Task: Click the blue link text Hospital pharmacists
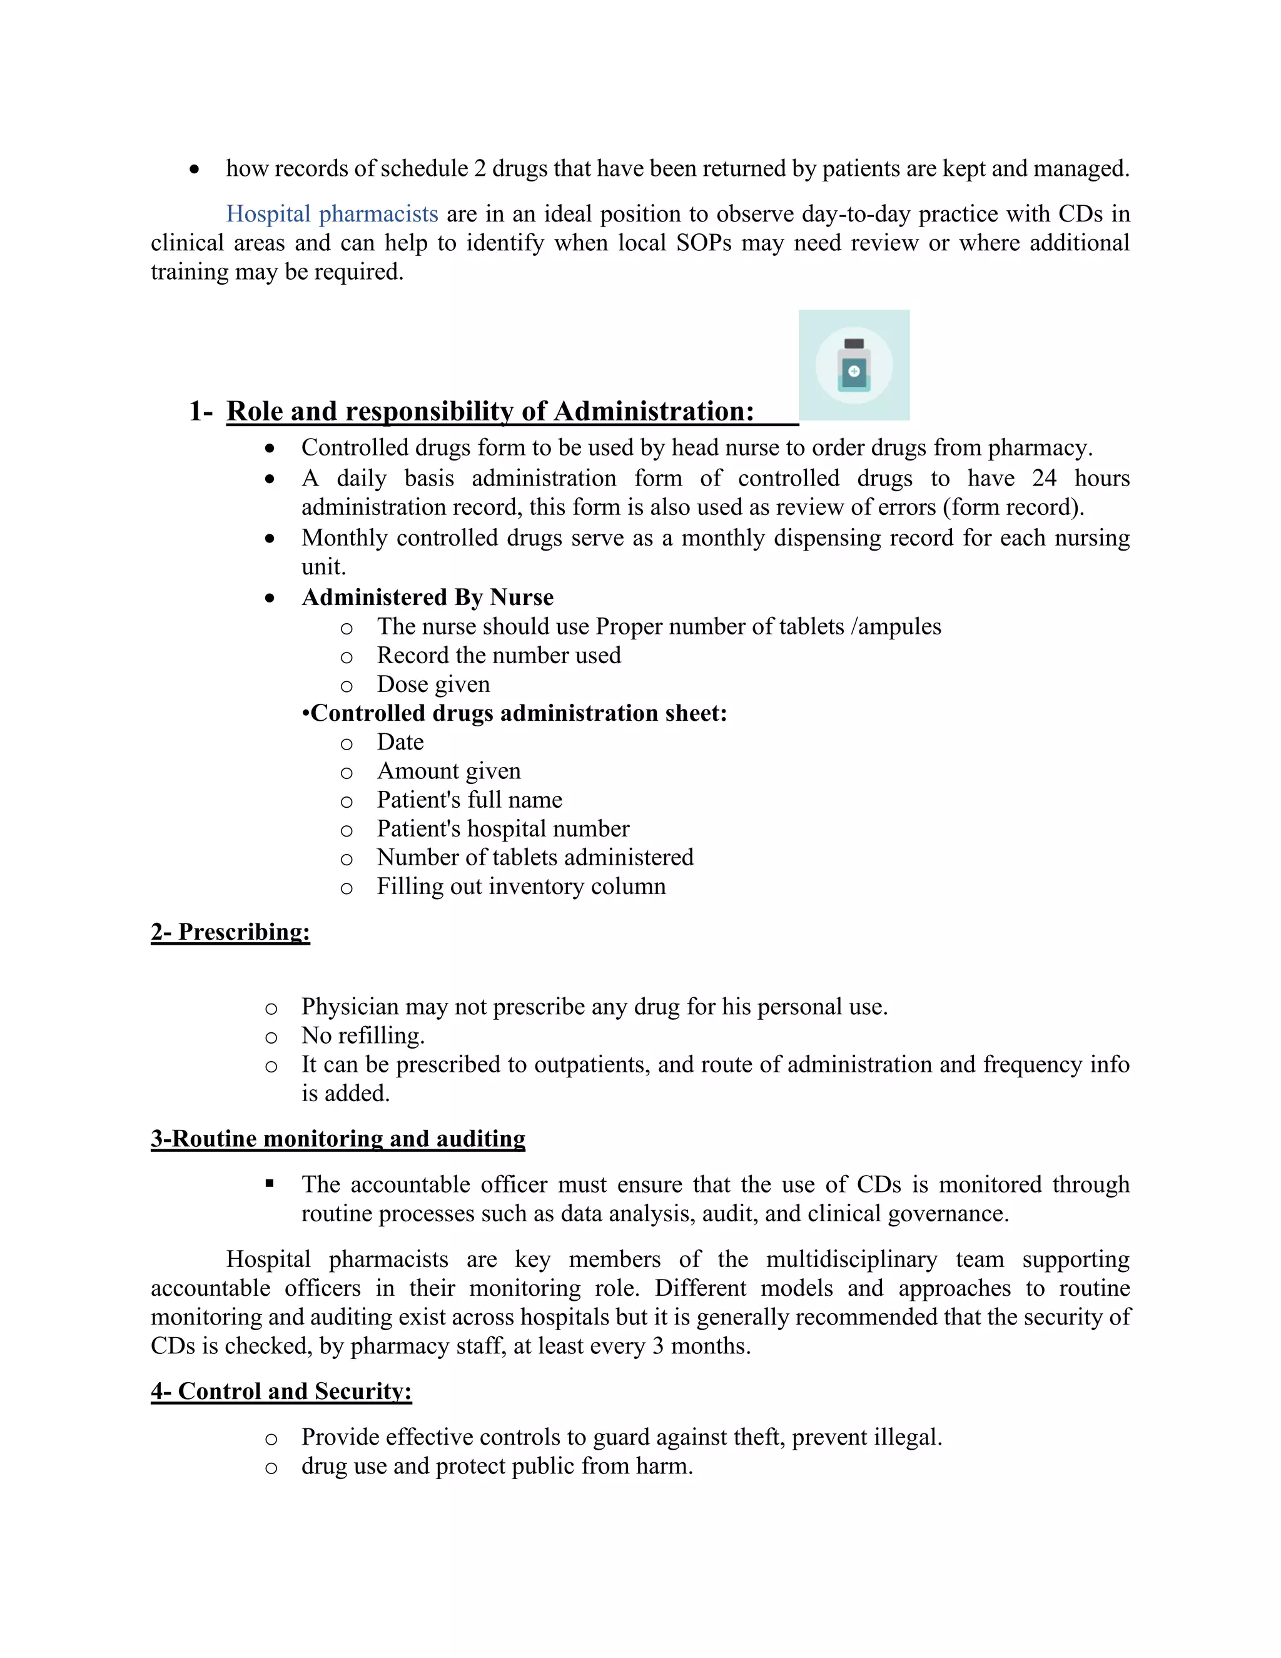point(332,214)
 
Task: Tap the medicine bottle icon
point(854,365)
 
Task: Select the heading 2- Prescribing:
point(230,932)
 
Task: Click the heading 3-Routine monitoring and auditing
point(338,1139)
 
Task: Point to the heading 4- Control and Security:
point(281,1391)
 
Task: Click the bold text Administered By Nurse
point(427,598)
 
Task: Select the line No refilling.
point(363,1035)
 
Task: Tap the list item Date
point(400,741)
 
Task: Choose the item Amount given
point(448,771)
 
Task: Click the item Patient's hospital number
point(502,828)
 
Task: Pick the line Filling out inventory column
point(520,886)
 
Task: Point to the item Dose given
point(433,684)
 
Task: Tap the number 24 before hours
point(1044,478)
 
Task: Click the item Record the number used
point(499,655)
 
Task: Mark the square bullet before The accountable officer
point(270,1184)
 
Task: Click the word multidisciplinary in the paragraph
point(851,1259)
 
